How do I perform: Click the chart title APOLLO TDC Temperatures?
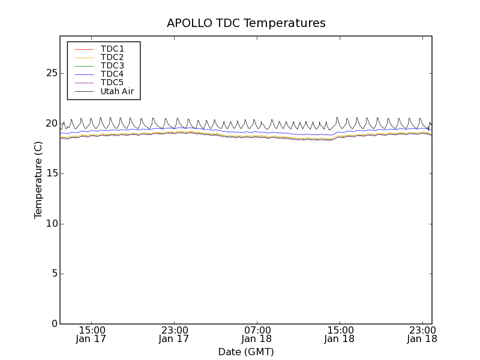246,23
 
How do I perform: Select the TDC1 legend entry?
112,49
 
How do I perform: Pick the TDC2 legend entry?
112,57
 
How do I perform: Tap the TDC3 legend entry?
112,65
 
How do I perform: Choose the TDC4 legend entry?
112,74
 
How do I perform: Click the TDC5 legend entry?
112,83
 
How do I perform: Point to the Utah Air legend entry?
117,92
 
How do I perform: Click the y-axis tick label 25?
51,73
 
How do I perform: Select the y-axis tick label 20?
51,124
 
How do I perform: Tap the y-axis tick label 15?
51,173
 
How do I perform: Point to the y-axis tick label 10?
51,224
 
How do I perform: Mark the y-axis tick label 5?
54,274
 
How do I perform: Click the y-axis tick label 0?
54,324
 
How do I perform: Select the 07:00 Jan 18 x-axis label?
257,334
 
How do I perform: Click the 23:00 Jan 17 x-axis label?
174,334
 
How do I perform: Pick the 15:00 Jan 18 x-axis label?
340,334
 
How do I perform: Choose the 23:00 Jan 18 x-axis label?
422,334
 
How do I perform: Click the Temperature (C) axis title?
38,180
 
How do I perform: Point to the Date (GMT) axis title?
246,352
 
